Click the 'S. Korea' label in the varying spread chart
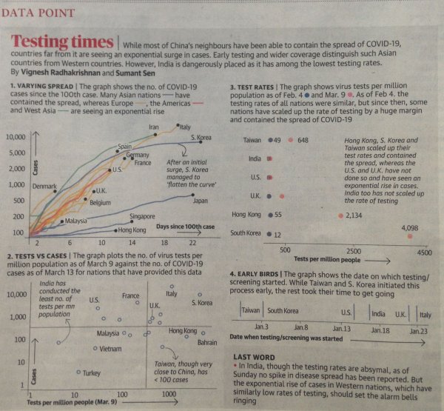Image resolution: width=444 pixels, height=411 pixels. point(202,138)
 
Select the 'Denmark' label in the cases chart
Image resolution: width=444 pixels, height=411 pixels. point(45,187)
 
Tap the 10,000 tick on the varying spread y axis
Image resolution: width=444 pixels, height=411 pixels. point(16,138)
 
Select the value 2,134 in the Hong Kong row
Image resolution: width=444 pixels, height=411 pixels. point(353,215)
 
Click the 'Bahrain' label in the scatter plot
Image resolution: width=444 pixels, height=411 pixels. point(206,342)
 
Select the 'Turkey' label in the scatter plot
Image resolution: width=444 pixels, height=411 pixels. point(92,372)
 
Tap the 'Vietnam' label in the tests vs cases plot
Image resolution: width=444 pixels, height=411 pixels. point(106,348)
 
